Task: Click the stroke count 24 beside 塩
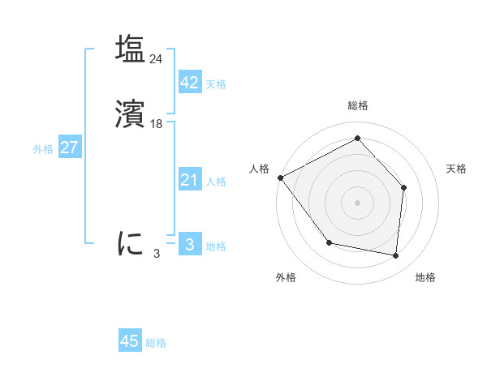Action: [x=156, y=58]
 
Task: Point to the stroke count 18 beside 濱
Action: [x=157, y=124]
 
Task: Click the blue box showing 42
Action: [x=189, y=83]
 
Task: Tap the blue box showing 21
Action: [x=189, y=180]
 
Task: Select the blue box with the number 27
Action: [x=69, y=148]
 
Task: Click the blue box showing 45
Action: [x=130, y=341]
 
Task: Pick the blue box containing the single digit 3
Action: [x=189, y=244]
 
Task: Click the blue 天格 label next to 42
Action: [x=216, y=84]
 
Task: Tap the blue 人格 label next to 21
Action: [x=216, y=182]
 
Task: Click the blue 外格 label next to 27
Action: [x=43, y=149]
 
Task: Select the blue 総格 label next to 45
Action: [x=156, y=343]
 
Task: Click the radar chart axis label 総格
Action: [x=357, y=105]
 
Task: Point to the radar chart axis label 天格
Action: [x=456, y=169]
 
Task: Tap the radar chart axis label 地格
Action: [x=425, y=277]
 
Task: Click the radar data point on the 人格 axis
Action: [x=280, y=178]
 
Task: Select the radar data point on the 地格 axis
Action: [x=395, y=255]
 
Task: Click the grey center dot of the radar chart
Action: [x=357, y=202]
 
